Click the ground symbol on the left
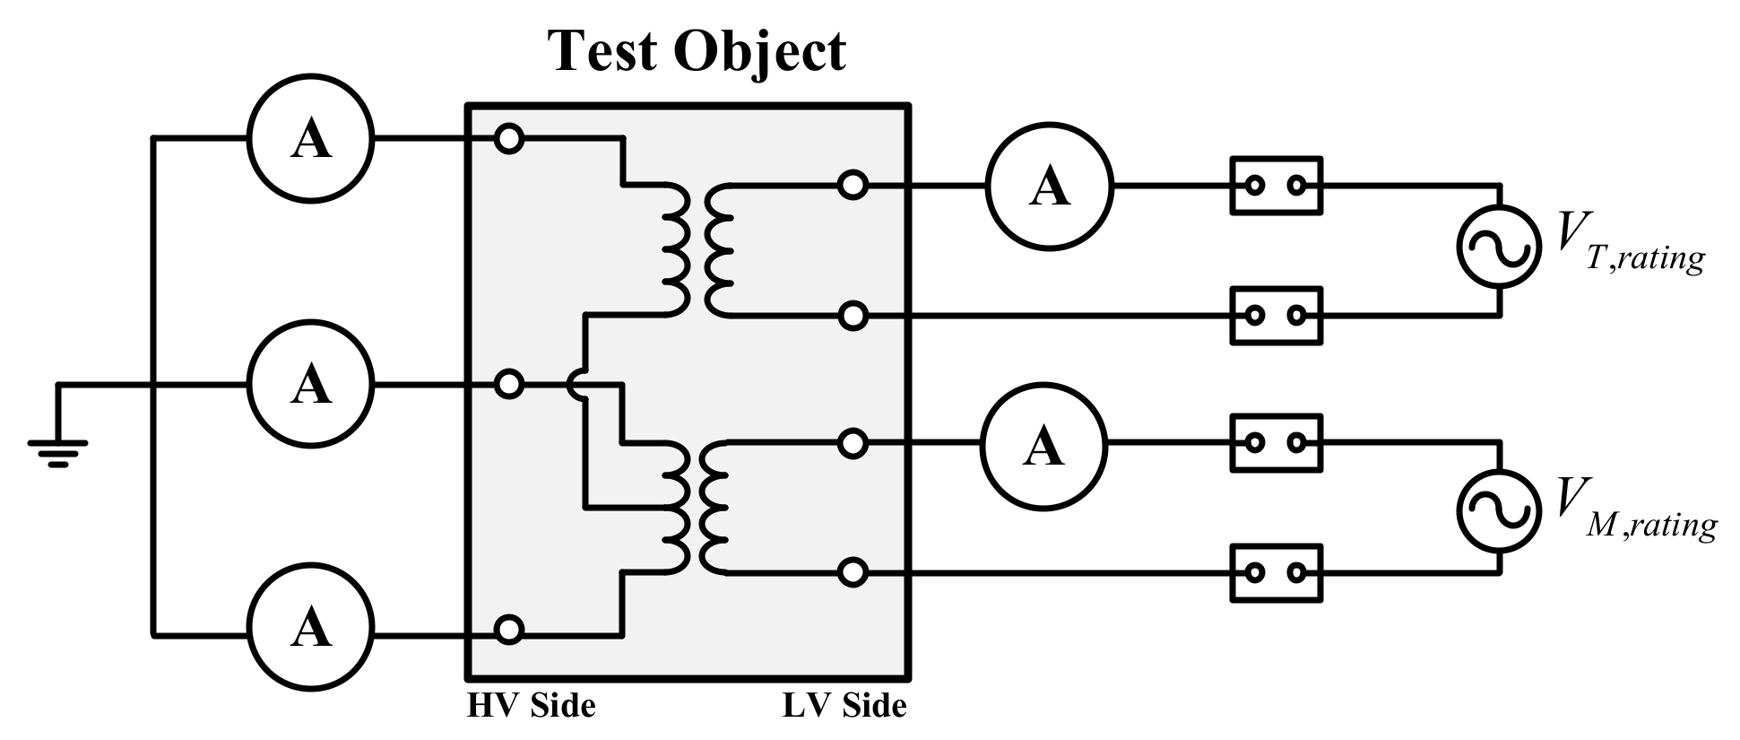58,452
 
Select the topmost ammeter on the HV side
310,139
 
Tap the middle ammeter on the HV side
310,385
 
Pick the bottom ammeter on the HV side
310,627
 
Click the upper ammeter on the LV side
1049,187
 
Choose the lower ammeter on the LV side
1043,446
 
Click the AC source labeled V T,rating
1499,248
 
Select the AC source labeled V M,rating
1499,508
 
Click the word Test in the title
602,50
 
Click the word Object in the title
757,52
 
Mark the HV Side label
531,705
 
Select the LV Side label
844,705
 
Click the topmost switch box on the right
1276,186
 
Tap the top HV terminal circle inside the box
508,139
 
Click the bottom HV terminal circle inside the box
508,629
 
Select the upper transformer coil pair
697,250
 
